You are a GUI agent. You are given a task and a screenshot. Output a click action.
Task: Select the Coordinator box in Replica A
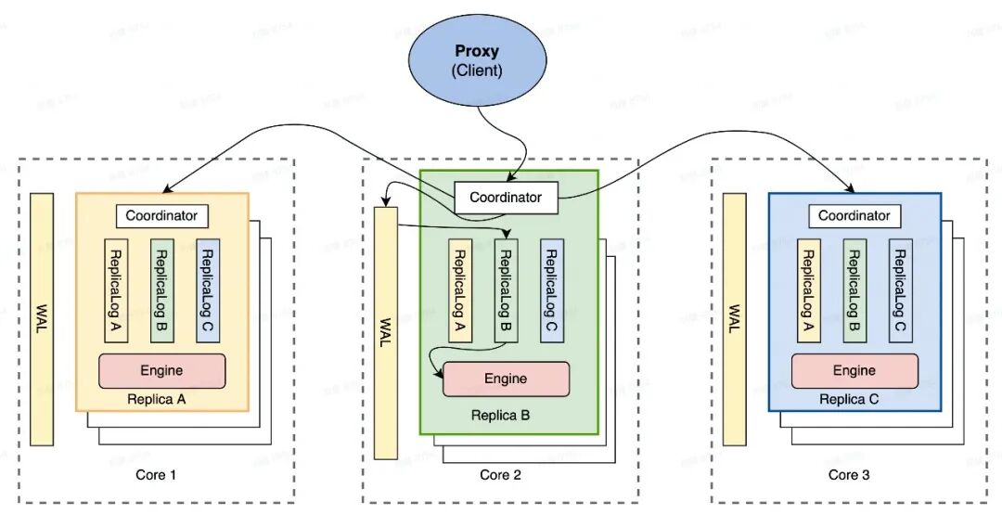click(x=162, y=215)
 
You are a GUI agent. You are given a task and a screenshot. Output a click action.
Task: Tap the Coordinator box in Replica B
click(x=505, y=198)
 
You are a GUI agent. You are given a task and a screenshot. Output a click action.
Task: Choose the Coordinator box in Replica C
click(x=854, y=215)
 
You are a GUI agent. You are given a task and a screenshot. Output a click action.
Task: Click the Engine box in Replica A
click(x=162, y=370)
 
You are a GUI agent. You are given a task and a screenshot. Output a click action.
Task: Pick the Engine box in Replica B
click(x=506, y=379)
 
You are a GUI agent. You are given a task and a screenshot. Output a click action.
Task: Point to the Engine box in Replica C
click(x=854, y=370)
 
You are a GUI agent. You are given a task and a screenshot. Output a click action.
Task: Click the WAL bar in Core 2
click(x=386, y=332)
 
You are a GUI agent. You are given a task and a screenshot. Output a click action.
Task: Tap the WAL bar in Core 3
click(x=735, y=318)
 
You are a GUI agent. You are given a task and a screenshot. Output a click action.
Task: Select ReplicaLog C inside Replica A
click(x=208, y=289)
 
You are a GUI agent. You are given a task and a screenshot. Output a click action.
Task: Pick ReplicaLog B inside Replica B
click(x=506, y=290)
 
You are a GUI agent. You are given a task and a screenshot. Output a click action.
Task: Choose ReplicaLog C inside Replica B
click(x=551, y=290)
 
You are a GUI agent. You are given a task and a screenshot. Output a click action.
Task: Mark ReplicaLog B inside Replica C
click(x=854, y=289)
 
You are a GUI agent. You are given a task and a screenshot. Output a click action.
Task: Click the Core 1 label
click(x=155, y=475)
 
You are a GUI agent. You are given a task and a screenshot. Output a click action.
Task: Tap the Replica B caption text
click(x=501, y=415)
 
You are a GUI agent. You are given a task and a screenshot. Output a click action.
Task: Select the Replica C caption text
click(x=848, y=399)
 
